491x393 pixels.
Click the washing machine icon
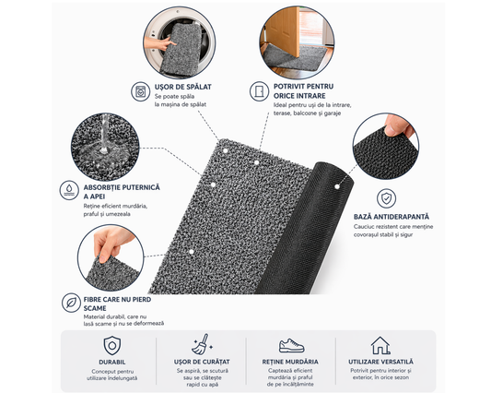tap(140, 91)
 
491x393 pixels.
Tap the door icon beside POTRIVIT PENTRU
tap(259, 91)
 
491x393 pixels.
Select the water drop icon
tap(69, 190)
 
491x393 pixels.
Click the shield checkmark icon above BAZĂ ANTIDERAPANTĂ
tap(386, 198)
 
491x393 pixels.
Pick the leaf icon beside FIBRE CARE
tap(71, 303)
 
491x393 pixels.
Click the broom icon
tap(203, 344)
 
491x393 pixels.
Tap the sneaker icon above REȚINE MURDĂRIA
tap(291, 345)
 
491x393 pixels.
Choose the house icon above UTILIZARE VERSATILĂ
tap(380, 345)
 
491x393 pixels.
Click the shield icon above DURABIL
tap(112, 346)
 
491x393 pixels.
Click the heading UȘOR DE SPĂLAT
tap(183, 87)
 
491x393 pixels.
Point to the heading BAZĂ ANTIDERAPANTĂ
tap(392, 217)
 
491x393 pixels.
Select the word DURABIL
tap(112, 362)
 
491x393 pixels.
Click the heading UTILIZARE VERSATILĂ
tap(380, 362)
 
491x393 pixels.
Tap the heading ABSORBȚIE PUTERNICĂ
tap(122, 187)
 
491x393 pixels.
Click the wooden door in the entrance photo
tap(284, 31)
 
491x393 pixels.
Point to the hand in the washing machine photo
tap(158, 43)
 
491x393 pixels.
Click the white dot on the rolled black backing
tap(337, 186)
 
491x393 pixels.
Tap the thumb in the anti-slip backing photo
tap(395, 125)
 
